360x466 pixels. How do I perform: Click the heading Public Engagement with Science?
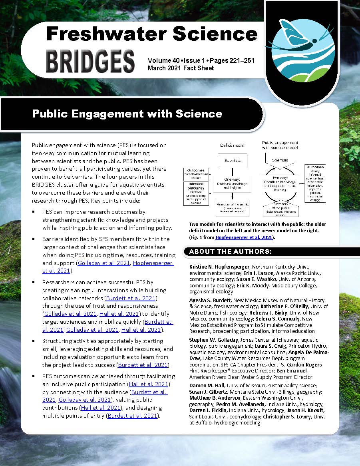coord(127,114)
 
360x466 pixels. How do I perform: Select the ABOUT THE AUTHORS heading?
coord(230,251)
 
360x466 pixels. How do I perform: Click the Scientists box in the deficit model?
coord(232,160)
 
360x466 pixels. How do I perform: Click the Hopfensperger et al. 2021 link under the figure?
coord(244,237)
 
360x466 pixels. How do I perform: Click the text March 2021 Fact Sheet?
coord(181,68)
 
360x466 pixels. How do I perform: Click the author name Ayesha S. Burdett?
coord(208,300)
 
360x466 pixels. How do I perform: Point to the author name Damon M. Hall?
coord(205,385)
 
